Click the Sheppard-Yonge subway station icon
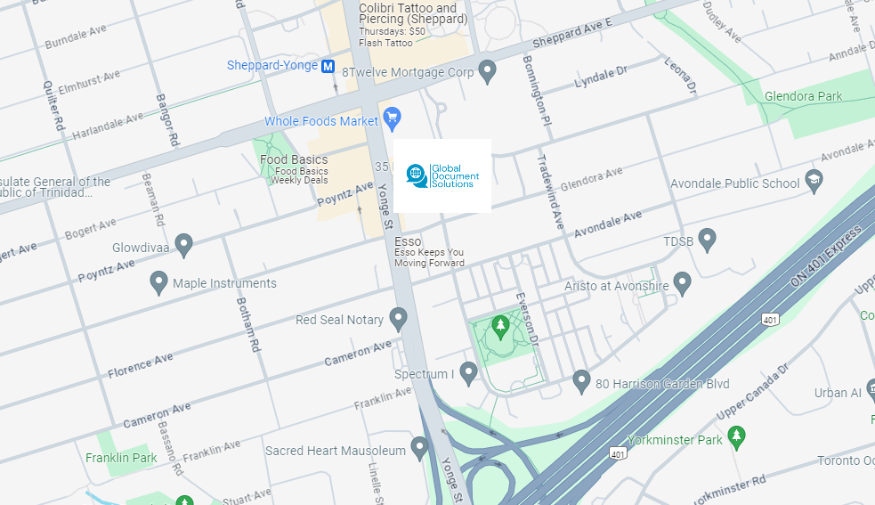328,66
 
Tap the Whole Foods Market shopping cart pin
392,117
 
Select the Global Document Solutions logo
442,175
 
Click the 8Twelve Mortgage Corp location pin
487,70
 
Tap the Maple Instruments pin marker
159,282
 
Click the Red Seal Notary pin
398,318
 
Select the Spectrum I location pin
468,372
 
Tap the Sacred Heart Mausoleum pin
419,447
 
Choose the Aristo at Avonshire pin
682,283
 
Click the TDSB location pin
707,239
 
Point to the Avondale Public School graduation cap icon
813,181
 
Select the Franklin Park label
121,458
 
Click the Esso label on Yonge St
408,241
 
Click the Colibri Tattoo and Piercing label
408,14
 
